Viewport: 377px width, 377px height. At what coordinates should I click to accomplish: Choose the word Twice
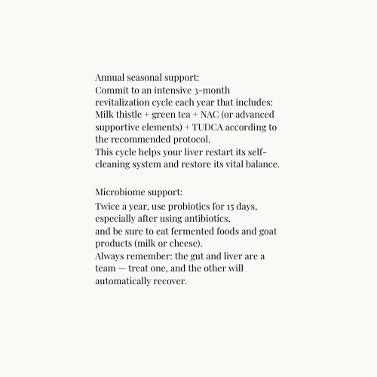point(109,206)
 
